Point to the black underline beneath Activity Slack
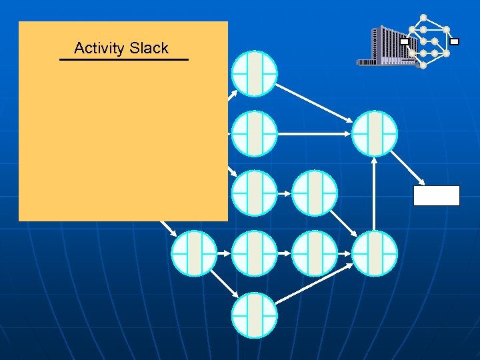[124, 60]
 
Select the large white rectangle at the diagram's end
[437, 195]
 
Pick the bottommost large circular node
[254, 314]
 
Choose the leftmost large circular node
[194, 253]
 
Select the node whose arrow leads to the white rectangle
[375, 133]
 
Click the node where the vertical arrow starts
[375, 253]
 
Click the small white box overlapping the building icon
[405, 41]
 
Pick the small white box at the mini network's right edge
[454, 41]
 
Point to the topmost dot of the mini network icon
[423, 17]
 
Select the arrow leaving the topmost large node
[314, 102]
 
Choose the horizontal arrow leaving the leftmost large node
[224, 253]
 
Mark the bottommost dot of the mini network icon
[423, 65]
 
